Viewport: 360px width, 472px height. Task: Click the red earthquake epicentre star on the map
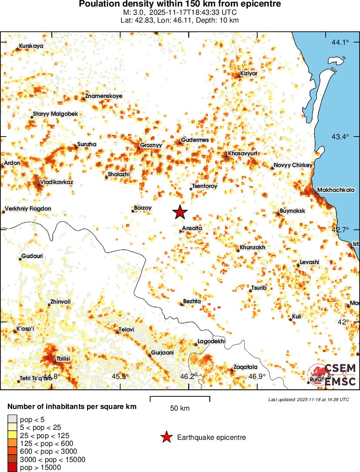coord(180,212)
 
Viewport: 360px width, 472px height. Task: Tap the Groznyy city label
coord(151,145)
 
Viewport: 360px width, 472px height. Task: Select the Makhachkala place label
coord(336,190)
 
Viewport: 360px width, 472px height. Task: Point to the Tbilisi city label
coord(63,358)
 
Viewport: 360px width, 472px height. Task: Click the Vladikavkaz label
coord(57,181)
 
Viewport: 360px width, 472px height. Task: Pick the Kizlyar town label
coord(249,74)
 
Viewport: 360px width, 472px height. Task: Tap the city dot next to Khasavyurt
coord(225,154)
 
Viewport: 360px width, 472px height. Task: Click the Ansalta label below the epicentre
coord(192,228)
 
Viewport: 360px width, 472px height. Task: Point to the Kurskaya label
coord(31,46)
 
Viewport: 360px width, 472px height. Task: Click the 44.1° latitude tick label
coord(340,42)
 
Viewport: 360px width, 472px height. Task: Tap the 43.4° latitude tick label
coord(340,137)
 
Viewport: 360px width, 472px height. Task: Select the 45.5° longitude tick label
coord(121,376)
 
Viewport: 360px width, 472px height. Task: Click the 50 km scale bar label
coord(180,408)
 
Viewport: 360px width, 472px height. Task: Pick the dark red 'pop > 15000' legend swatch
coord(12,468)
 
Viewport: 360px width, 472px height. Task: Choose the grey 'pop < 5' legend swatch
coord(12,419)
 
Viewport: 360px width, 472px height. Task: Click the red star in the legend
coord(166,437)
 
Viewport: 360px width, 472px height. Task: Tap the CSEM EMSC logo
coord(333,375)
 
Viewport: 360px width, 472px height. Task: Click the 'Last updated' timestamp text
coord(308,399)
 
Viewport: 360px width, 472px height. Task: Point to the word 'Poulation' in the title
coord(98,4)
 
